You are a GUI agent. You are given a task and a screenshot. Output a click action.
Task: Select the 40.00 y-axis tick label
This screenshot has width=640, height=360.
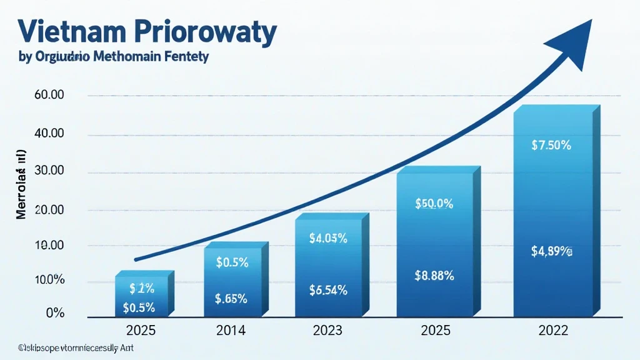coord(51,134)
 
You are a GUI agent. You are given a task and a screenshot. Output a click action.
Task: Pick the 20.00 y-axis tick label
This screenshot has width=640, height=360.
coord(51,210)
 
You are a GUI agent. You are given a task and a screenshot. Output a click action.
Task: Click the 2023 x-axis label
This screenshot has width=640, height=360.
coord(328,330)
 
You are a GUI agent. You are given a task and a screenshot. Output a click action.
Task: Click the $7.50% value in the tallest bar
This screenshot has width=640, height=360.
coord(551,146)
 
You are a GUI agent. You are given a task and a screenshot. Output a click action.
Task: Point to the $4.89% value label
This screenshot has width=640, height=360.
coord(551,252)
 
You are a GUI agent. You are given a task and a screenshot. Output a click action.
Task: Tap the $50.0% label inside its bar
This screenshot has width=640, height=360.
coord(434,204)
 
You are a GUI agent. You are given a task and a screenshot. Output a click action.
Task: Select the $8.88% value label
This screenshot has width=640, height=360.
coord(434,275)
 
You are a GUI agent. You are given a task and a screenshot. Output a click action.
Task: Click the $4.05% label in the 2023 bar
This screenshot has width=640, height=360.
coord(328,238)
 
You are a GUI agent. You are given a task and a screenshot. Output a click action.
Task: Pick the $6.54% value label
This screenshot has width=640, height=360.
coord(328,289)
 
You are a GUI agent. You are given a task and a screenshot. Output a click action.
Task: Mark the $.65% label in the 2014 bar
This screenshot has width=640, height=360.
coord(232,299)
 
